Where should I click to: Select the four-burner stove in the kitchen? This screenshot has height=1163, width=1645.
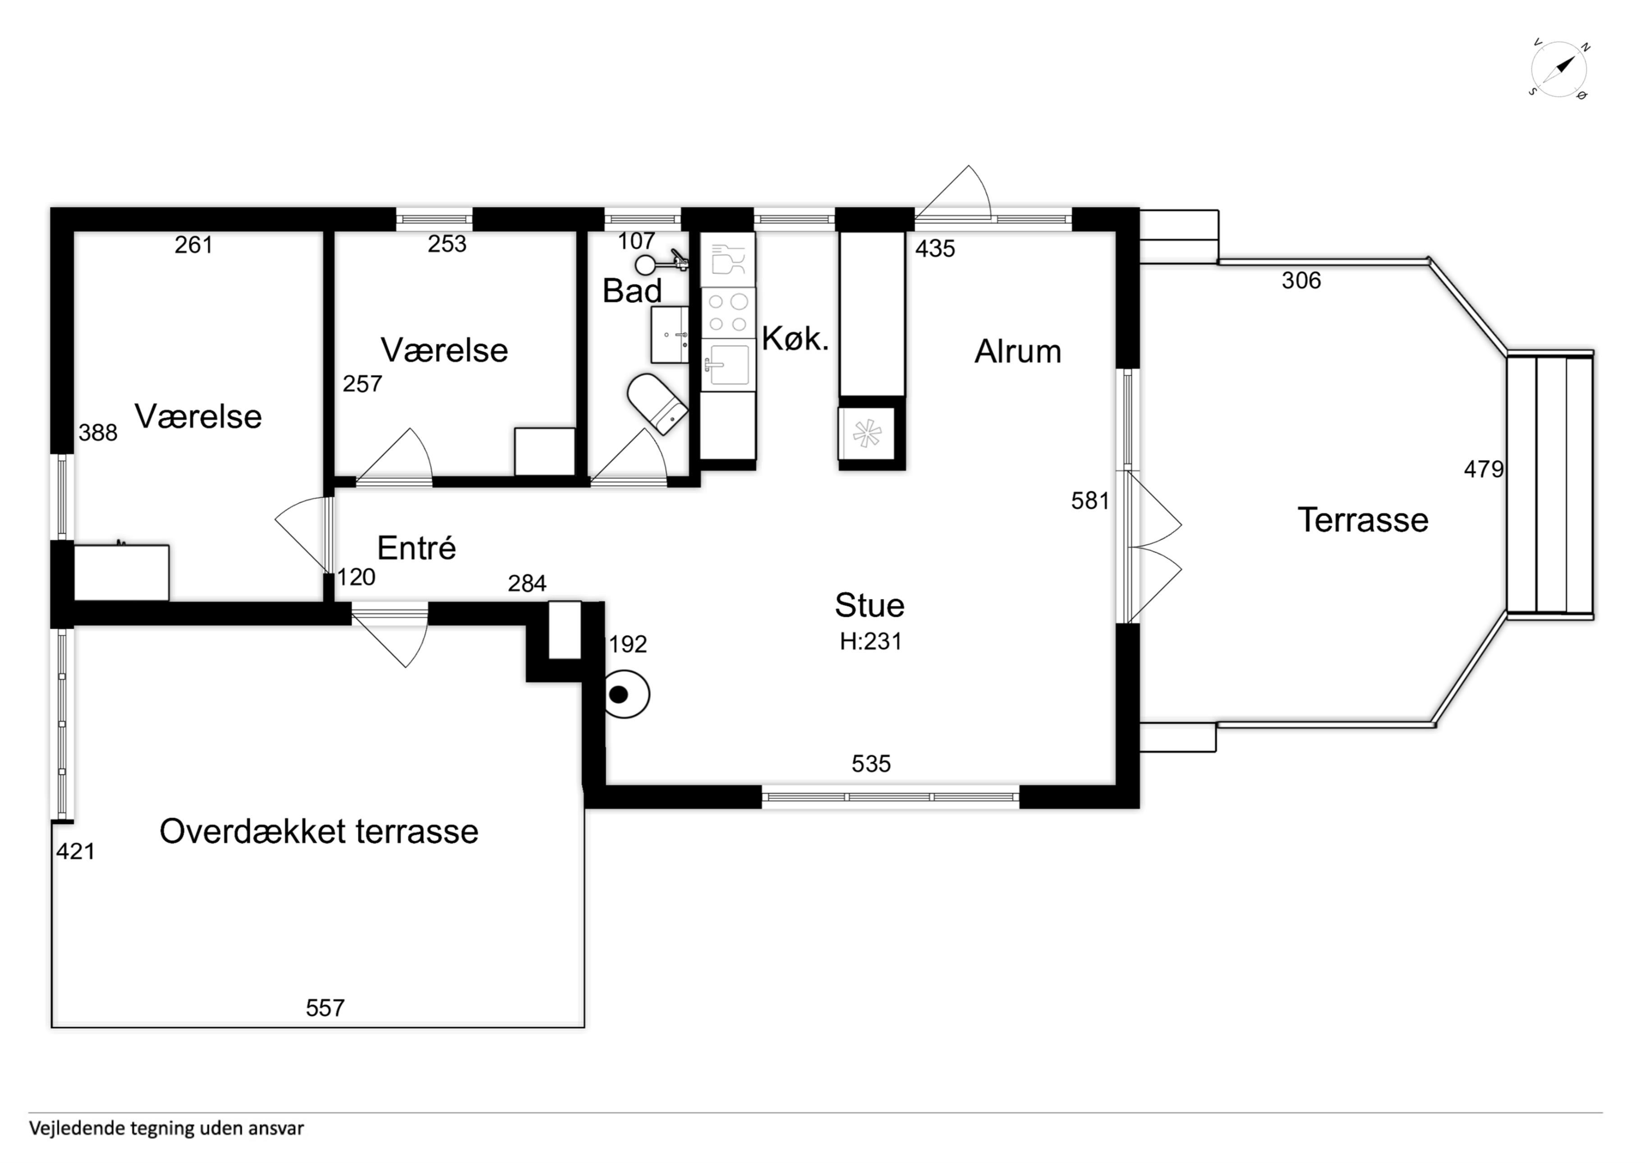click(728, 313)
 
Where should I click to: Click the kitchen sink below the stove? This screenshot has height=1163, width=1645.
click(728, 365)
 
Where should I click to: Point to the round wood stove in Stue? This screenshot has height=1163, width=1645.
click(626, 694)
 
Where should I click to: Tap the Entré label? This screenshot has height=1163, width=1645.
click(416, 548)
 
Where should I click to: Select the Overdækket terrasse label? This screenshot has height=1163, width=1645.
click(319, 831)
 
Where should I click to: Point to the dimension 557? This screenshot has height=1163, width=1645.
click(325, 1008)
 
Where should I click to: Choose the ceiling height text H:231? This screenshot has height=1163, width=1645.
click(870, 641)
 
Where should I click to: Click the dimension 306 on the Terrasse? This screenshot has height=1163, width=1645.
click(1301, 280)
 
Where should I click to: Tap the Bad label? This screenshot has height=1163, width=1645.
click(632, 291)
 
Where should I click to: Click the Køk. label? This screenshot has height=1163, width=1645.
click(795, 339)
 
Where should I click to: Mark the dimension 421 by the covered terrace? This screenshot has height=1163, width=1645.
click(76, 851)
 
